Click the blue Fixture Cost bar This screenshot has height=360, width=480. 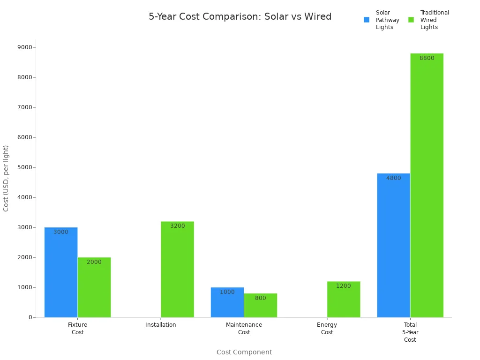[x=61, y=277]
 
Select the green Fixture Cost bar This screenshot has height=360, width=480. [x=94, y=291]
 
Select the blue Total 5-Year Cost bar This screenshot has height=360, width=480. [x=393, y=248]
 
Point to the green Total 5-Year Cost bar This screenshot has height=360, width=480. [x=427, y=187]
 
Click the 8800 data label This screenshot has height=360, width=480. [x=427, y=58]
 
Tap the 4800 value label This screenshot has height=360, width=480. [x=393, y=178]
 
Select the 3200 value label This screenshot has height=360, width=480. [x=177, y=226]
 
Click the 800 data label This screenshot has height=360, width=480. [x=260, y=298]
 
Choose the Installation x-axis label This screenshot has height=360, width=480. [x=161, y=325]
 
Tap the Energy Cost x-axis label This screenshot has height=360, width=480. [x=327, y=328]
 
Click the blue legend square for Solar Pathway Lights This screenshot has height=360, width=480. [x=367, y=20]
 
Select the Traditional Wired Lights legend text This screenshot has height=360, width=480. [x=434, y=20]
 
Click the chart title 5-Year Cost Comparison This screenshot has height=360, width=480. [x=240, y=17]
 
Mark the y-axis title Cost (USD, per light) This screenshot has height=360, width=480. [x=6, y=178]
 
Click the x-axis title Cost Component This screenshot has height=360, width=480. [x=244, y=352]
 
